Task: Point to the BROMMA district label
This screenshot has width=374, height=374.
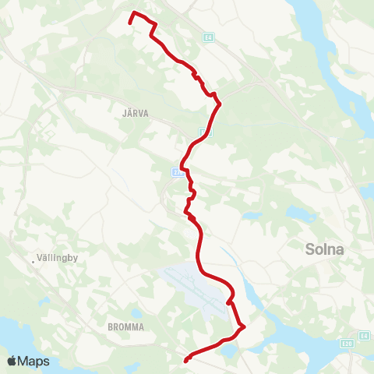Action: coord(127,327)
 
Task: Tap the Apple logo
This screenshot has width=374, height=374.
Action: coord(12,361)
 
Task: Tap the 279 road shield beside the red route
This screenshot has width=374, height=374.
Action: coord(177,173)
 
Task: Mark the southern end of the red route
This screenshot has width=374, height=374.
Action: coord(186,361)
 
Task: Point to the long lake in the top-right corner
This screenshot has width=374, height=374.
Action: coord(316,31)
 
